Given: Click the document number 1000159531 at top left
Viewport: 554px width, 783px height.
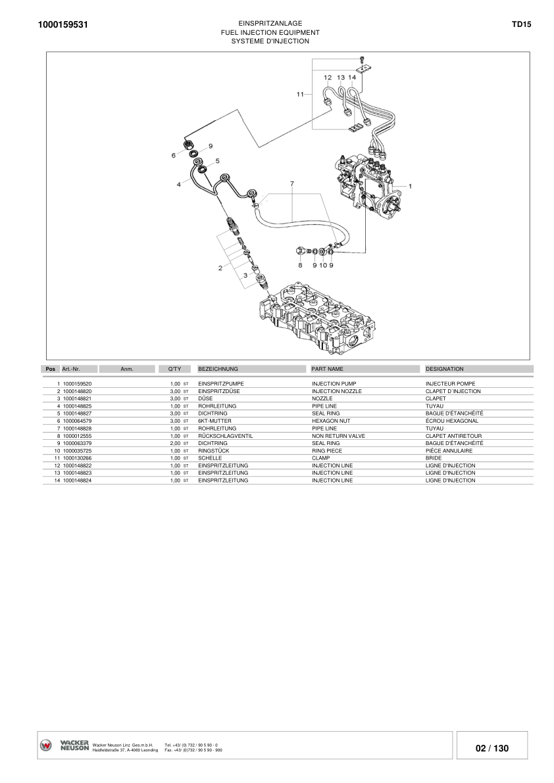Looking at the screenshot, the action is (x=63, y=24).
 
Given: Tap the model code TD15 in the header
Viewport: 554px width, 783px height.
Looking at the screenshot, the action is (x=521, y=24).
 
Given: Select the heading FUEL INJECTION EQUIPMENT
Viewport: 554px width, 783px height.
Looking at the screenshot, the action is (x=270, y=32).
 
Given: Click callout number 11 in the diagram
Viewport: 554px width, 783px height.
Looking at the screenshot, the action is (x=300, y=94).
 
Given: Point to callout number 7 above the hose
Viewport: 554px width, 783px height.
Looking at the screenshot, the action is (x=292, y=184).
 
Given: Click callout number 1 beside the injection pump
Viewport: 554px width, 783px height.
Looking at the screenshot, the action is (x=410, y=186).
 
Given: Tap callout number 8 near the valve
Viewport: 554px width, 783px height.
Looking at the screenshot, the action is (x=300, y=265).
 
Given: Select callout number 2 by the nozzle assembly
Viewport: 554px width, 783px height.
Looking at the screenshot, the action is (x=220, y=268).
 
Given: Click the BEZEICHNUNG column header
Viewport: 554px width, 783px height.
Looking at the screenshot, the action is (x=218, y=369).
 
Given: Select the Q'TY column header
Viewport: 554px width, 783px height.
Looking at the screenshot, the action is (x=174, y=369).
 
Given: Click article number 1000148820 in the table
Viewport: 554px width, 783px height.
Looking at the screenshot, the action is (x=78, y=392).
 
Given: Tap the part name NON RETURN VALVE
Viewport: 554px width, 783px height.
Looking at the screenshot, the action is (x=338, y=436).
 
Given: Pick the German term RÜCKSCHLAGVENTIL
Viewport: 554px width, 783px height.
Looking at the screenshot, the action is (x=225, y=436).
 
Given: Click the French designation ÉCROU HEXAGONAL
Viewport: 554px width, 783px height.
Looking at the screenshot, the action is (x=451, y=421).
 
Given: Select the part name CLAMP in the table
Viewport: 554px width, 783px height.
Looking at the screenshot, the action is (x=320, y=458).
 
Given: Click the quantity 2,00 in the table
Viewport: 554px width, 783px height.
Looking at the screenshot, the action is (x=175, y=443).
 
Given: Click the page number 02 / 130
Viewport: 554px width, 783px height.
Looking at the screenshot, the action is (x=492, y=748).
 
